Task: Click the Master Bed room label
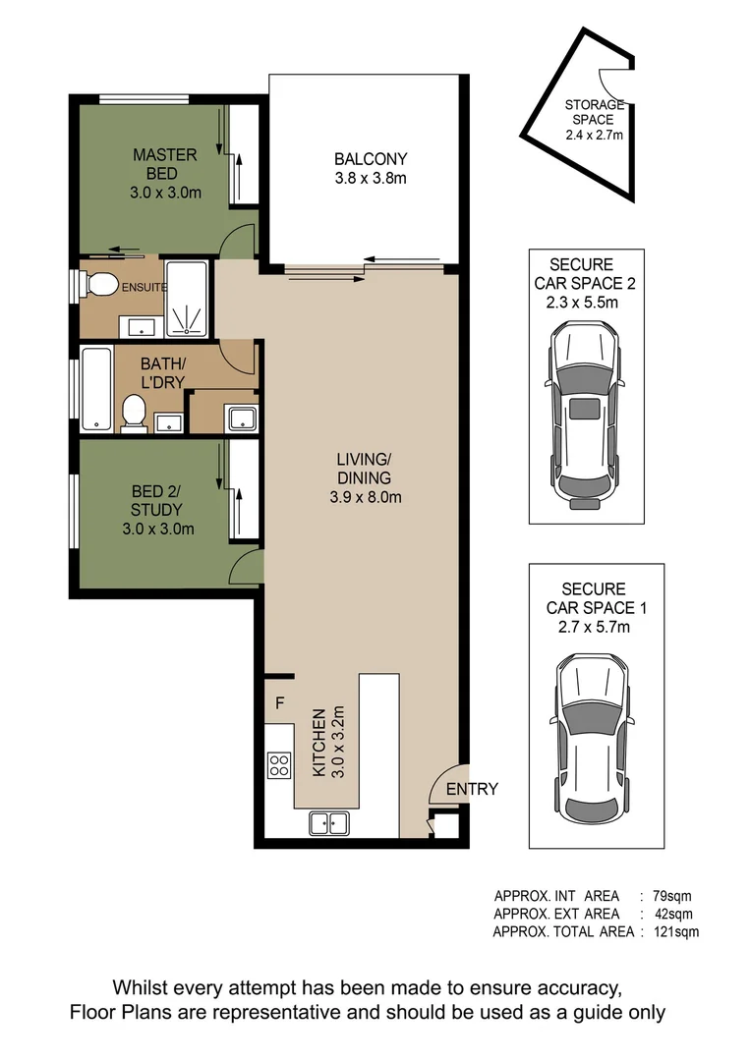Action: click(x=165, y=173)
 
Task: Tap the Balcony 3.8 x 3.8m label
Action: click(x=370, y=168)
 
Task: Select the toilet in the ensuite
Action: click(x=98, y=285)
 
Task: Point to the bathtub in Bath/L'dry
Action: click(x=96, y=388)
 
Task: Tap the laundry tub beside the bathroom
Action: click(x=241, y=418)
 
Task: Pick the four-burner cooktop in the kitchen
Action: click(x=279, y=764)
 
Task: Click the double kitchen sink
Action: click(x=328, y=822)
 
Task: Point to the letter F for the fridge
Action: click(x=280, y=703)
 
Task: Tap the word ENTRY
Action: click(x=472, y=789)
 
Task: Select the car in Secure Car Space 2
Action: click(x=585, y=414)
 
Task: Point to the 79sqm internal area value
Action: click(x=673, y=896)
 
